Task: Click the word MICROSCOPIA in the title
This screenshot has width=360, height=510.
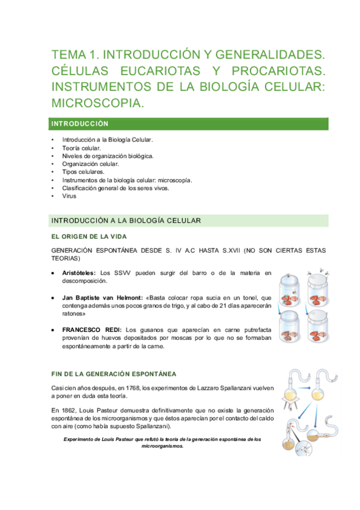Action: point(97,104)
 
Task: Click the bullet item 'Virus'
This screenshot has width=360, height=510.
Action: point(69,196)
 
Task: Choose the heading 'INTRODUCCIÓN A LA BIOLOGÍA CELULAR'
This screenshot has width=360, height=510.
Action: point(126,221)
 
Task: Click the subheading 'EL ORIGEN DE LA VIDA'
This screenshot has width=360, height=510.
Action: point(89,236)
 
